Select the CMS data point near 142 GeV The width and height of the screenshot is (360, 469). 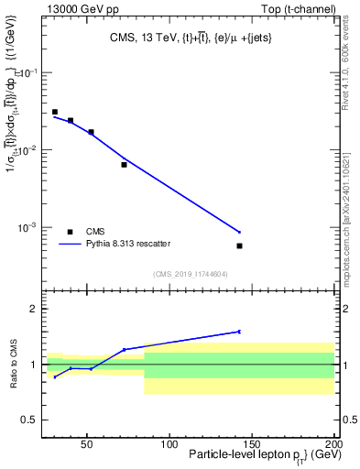coord(239,245)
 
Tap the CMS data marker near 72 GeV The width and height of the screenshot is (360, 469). coord(124,165)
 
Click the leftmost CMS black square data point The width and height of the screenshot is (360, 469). coord(55,112)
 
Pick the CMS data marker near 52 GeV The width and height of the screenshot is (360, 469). coord(91,132)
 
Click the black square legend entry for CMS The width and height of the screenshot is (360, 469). coord(70,232)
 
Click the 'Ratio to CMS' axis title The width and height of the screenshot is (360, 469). coord(13,365)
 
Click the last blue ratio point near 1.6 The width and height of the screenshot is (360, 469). coord(239,332)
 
